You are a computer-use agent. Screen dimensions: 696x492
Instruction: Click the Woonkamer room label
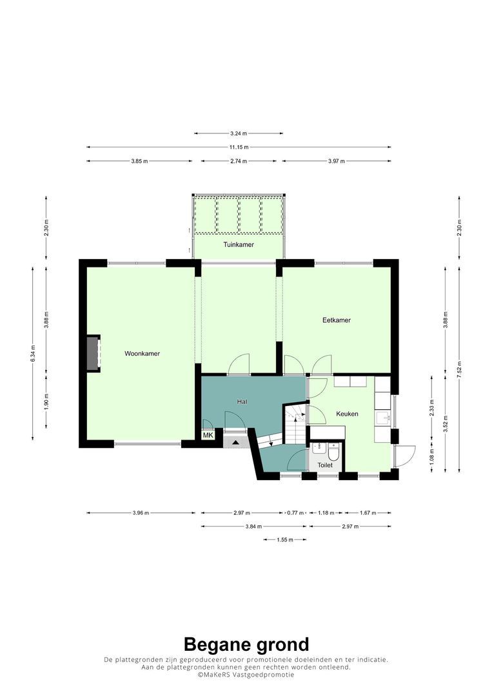pyautogui.click(x=142, y=354)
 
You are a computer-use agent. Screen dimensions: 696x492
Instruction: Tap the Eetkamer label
pyautogui.click(x=337, y=320)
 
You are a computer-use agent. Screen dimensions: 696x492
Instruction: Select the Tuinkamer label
pyautogui.click(x=238, y=245)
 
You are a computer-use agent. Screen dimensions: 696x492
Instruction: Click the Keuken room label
pyautogui.click(x=347, y=414)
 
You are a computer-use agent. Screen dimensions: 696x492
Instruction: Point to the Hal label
pyautogui.click(x=242, y=401)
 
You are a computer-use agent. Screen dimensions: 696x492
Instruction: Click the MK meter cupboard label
pyautogui.click(x=208, y=436)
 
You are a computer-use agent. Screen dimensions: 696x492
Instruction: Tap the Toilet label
pyautogui.click(x=325, y=465)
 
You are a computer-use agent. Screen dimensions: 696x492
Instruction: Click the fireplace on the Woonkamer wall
pyautogui.click(x=94, y=353)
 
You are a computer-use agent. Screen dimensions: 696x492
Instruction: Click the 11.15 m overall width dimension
pyautogui.click(x=238, y=147)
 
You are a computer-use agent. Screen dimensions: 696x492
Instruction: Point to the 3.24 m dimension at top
pyautogui.click(x=238, y=133)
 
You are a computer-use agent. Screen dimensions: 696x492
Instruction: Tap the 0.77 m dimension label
pyautogui.click(x=295, y=513)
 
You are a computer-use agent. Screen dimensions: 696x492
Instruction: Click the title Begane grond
pyautogui.click(x=246, y=644)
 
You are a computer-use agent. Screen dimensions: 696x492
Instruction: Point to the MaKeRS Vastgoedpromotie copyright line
pyautogui.click(x=246, y=675)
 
